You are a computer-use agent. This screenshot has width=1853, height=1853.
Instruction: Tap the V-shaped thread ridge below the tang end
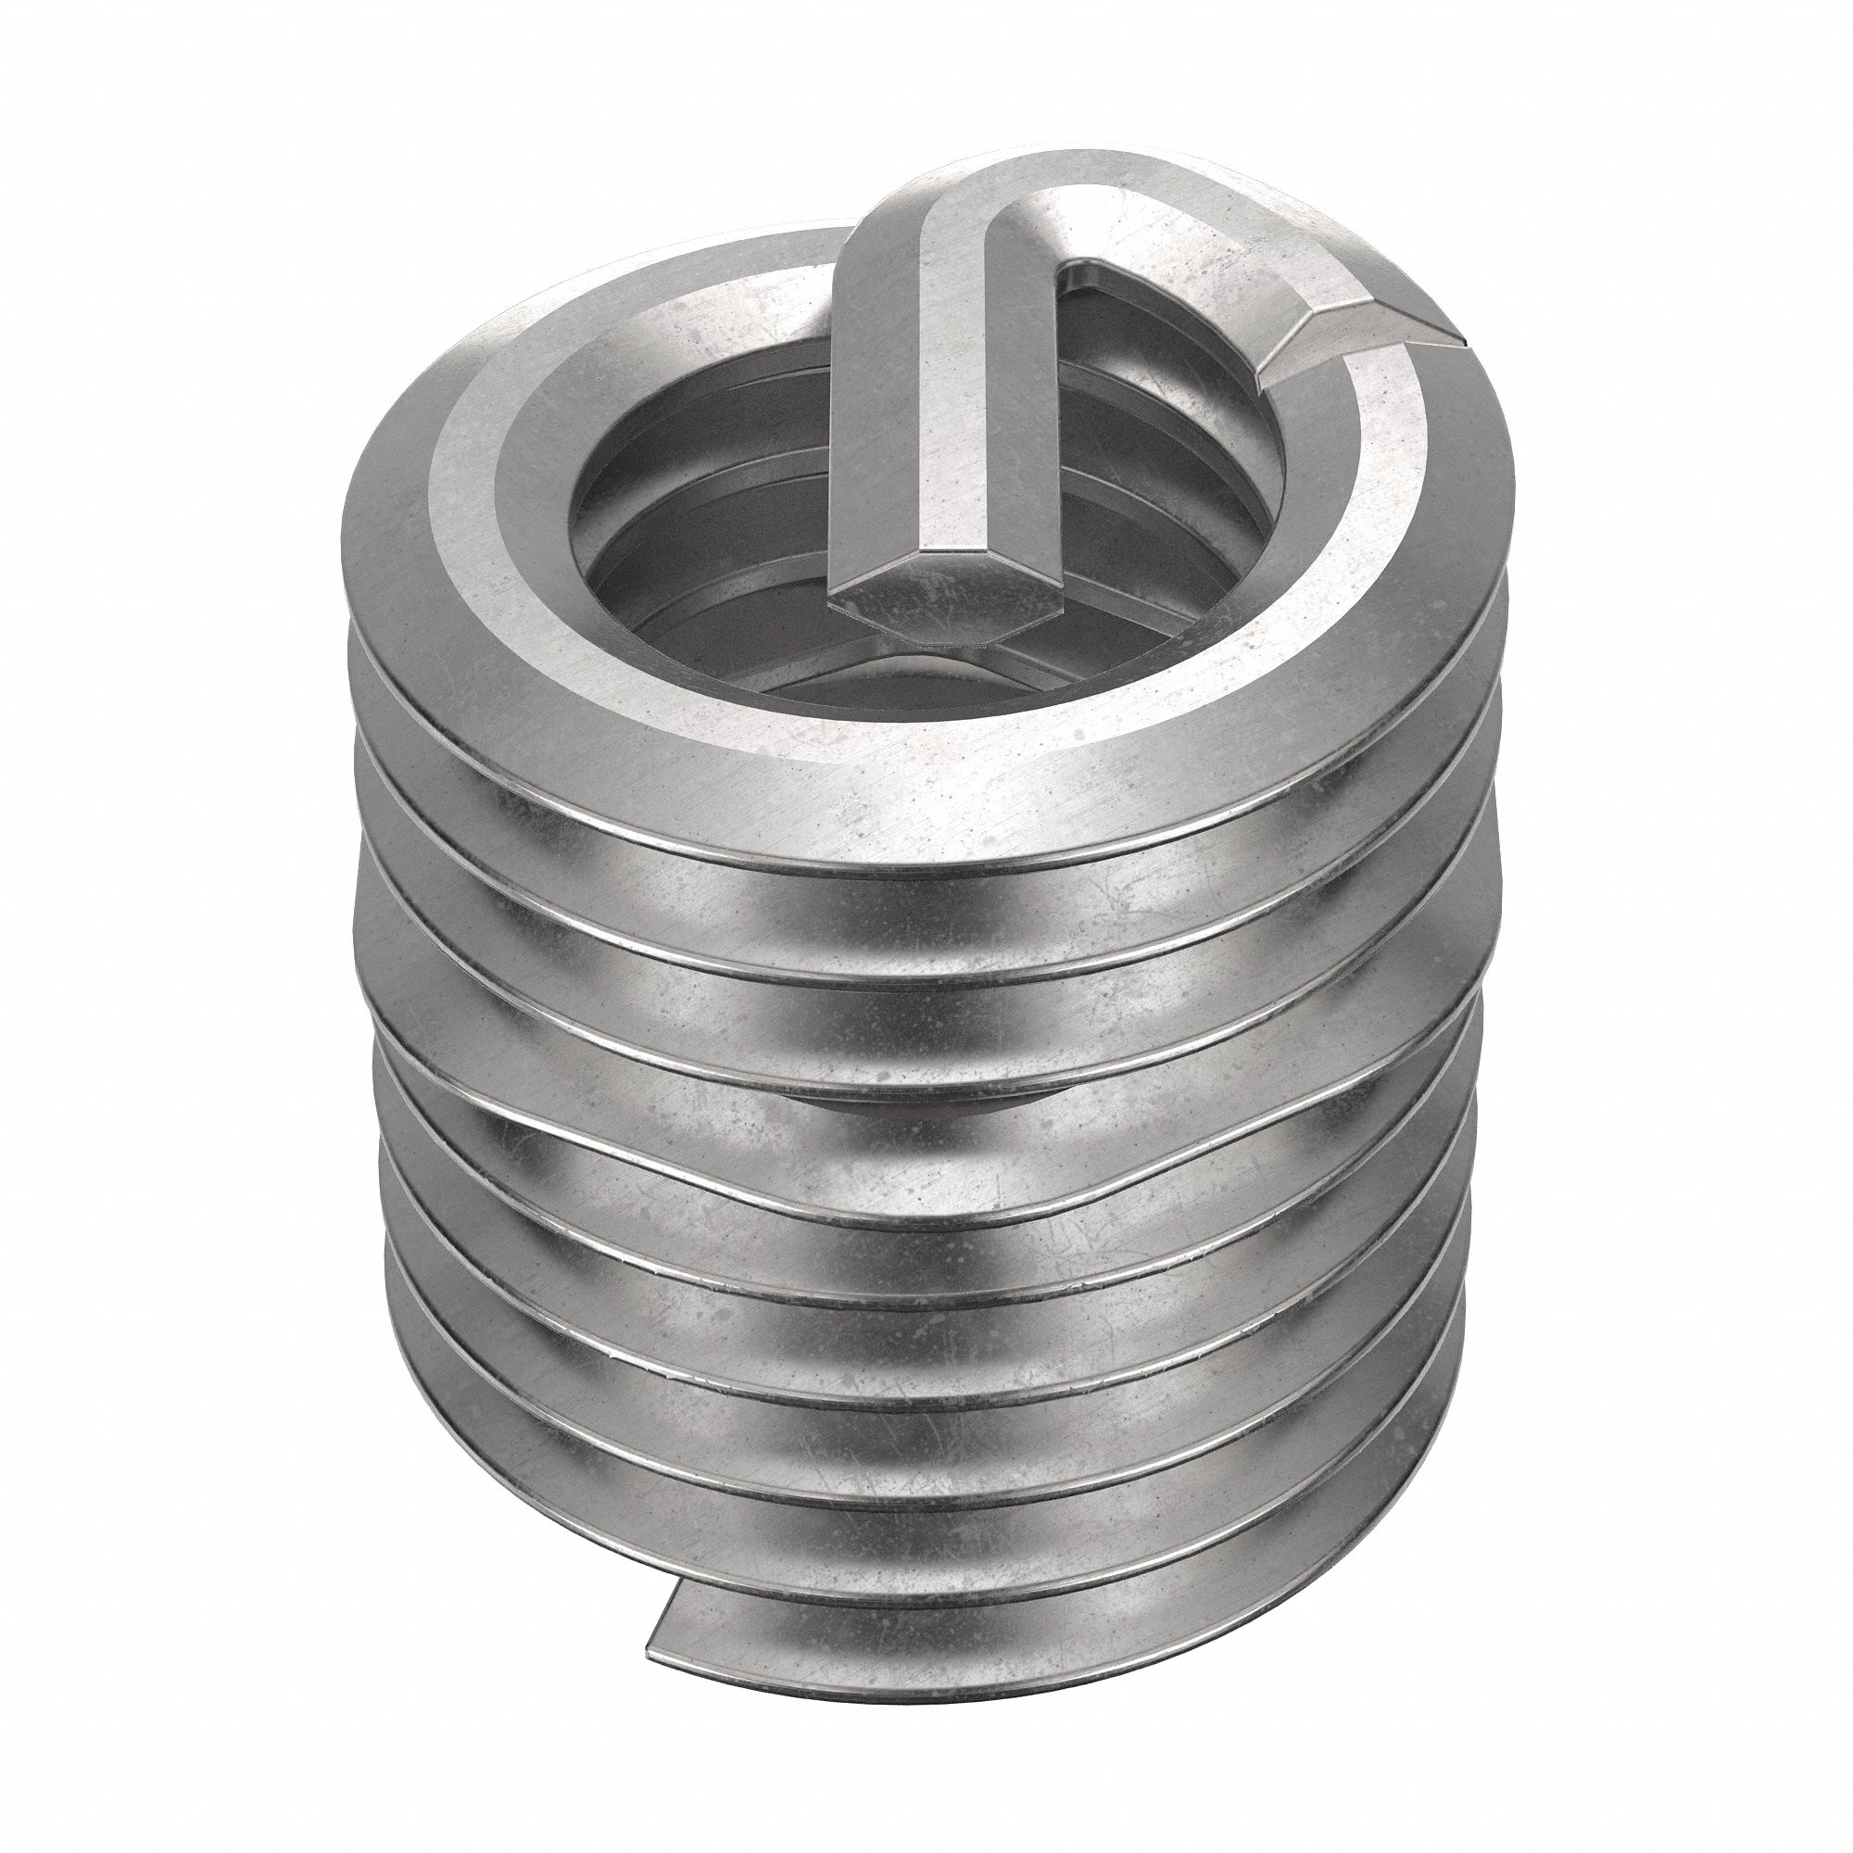pyautogui.click(x=945, y=662)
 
